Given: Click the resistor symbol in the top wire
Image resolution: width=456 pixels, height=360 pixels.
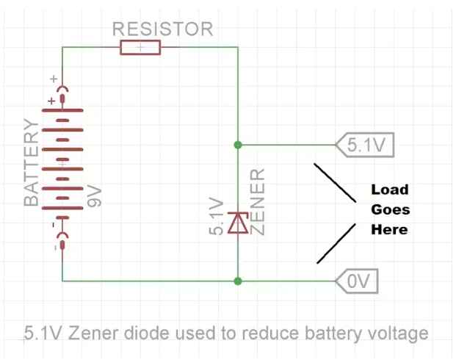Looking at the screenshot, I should click(x=140, y=48).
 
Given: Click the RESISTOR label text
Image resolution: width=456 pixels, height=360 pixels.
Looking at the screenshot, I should click(x=162, y=29).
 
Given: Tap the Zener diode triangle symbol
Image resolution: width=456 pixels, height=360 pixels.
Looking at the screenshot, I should click(x=237, y=222).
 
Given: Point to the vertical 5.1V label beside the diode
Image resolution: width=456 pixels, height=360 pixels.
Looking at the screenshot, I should click(x=217, y=216).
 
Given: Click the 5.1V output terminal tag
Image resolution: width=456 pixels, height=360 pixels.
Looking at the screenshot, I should click(x=365, y=145).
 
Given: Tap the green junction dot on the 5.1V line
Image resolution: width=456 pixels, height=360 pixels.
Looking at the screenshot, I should click(x=237, y=144).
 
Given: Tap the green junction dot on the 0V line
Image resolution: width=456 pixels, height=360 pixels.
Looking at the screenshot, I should click(x=237, y=281).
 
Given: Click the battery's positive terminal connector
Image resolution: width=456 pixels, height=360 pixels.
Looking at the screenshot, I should click(x=62, y=93).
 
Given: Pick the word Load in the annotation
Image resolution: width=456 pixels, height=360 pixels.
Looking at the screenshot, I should click(x=389, y=190).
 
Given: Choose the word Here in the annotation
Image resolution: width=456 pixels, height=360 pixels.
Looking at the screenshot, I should click(x=389, y=229).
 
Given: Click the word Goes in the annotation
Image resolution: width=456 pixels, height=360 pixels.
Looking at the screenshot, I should click(x=390, y=209).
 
